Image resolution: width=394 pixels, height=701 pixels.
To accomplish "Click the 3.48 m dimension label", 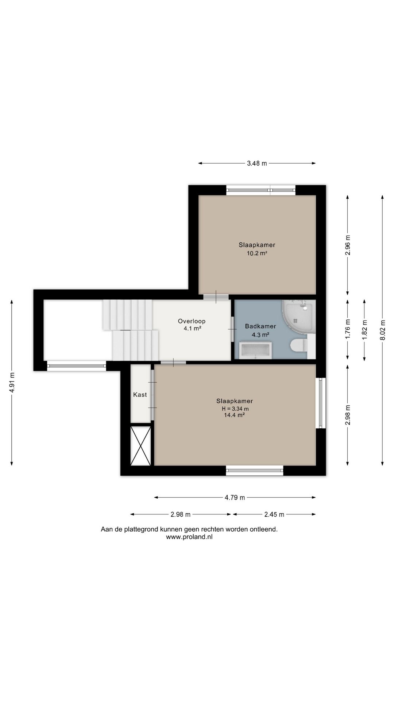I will pyautogui.click(x=257, y=164).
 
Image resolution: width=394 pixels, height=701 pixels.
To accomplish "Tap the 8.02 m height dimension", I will pyautogui.click(x=382, y=330).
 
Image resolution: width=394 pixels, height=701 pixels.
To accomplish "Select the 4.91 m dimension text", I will pyautogui.click(x=12, y=382).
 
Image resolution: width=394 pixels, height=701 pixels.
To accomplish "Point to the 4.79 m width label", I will pyautogui.click(x=235, y=497).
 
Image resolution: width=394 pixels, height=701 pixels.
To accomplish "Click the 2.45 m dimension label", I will pyautogui.click(x=274, y=514).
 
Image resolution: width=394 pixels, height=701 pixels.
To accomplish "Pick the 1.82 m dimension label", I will pyautogui.click(x=364, y=330).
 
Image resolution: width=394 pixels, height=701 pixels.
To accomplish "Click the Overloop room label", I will pyautogui.click(x=192, y=321).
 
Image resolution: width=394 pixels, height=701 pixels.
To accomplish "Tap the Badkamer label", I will pyautogui.click(x=260, y=326).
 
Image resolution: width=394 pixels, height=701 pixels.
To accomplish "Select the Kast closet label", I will pyautogui.click(x=140, y=395).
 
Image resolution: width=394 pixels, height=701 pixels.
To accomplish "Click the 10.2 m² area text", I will pyautogui.click(x=257, y=253).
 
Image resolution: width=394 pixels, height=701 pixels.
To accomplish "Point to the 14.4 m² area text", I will pyautogui.click(x=234, y=415).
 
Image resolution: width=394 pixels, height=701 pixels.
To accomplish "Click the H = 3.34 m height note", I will pyautogui.click(x=235, y=409).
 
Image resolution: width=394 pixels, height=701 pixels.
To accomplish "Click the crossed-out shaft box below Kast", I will pyautogui.click(x=140, y=445).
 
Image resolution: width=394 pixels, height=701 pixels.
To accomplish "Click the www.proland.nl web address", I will pyautogui.click(x=189, y=537).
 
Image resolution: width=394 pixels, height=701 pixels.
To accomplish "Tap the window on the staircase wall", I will pyautogui.click(x=77, y=365).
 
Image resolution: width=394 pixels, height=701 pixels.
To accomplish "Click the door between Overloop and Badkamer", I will pyautogui.click(x=233, y=329).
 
